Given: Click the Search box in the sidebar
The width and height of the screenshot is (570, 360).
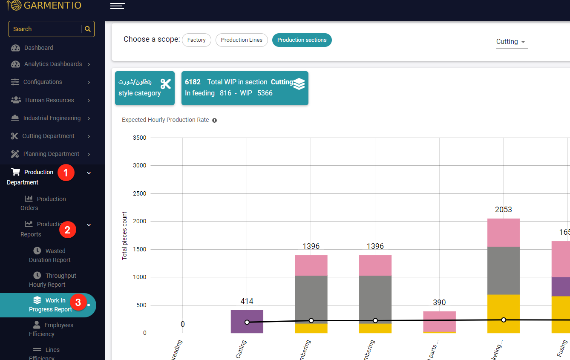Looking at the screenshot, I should [x=45, y=29].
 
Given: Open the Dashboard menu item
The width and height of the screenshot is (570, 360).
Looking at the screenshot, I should [x=38, y=48].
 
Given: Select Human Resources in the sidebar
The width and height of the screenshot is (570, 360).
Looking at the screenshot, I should [x=49, y=100].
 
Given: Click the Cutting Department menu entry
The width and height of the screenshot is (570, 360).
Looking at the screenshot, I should [x=48, y=136].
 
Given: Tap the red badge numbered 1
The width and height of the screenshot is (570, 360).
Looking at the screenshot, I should [x=66, y=173].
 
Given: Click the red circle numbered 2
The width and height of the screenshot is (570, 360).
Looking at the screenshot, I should [x=67, y=230].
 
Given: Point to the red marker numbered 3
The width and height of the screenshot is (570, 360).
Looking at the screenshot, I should [x=78, y=302].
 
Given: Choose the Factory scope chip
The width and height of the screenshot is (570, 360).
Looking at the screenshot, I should [x=196, y=40].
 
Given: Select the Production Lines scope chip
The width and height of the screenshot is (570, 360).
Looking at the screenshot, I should [x=242, y=40].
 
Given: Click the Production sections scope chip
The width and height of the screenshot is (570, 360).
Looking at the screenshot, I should [x=302, y=40].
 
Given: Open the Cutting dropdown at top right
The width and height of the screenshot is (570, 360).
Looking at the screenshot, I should [x=511, y=42].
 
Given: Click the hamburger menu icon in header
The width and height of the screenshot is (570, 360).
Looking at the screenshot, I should [x=117, y=6].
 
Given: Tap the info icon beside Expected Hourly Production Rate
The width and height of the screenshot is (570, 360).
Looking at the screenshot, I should [x=215, y=120].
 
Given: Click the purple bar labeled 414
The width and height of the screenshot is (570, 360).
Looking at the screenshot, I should [x=247, y=321].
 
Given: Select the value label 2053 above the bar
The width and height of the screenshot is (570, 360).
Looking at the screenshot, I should [x=503, y=210].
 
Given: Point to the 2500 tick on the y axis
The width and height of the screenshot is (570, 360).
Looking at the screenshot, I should [x=139, y=193].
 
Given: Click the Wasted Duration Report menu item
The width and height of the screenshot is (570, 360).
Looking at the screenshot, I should [x=49, y=255].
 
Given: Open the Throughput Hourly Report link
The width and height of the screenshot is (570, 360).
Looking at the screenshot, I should [x=52, y=280].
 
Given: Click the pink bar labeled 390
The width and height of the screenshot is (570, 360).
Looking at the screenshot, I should [x=439, y=321].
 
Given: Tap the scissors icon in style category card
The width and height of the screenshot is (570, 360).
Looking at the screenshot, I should [x=165, y=84].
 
